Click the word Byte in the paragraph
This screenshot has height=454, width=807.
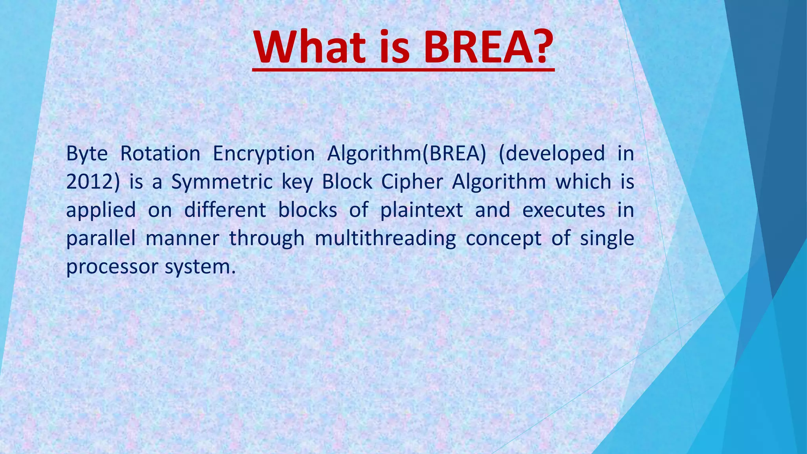coord(87,154)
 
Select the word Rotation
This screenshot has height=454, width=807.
coord(160,154)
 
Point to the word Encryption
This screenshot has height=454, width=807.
coord(263,154)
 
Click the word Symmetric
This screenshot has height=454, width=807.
coord(222,182)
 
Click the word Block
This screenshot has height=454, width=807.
coord(347,182)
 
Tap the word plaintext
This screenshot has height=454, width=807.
coord(421,210)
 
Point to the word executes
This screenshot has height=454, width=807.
coord(563,210)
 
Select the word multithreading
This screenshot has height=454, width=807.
coord(385,238)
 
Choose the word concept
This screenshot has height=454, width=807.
coord(504,238)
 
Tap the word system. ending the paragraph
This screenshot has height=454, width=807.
coord(200,267)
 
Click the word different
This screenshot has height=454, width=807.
coord(225,210)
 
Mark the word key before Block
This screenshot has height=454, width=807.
coord(297,182)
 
